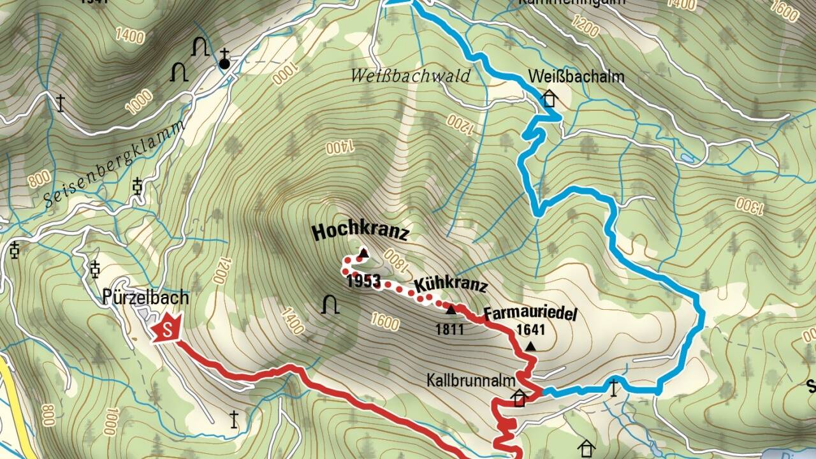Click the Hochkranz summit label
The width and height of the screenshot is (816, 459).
point(360,232)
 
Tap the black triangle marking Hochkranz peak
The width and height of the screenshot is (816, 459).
point(363,253)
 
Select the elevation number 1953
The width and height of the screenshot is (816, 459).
point(364,282)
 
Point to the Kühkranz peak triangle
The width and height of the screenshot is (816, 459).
point(451,310)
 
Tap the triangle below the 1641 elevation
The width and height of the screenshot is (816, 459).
point(531,346)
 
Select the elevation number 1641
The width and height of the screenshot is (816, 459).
point(531,330)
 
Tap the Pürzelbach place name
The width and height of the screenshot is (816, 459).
point(145,297)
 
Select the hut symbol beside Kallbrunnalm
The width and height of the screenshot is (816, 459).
point(520,398)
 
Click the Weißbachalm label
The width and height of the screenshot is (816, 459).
point(576,77)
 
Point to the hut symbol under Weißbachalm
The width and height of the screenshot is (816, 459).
point(548,99)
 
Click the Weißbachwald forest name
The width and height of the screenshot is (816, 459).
point(411,76)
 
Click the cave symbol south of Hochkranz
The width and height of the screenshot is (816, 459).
point(330,305)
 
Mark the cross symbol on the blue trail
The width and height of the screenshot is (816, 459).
point(614,387)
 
